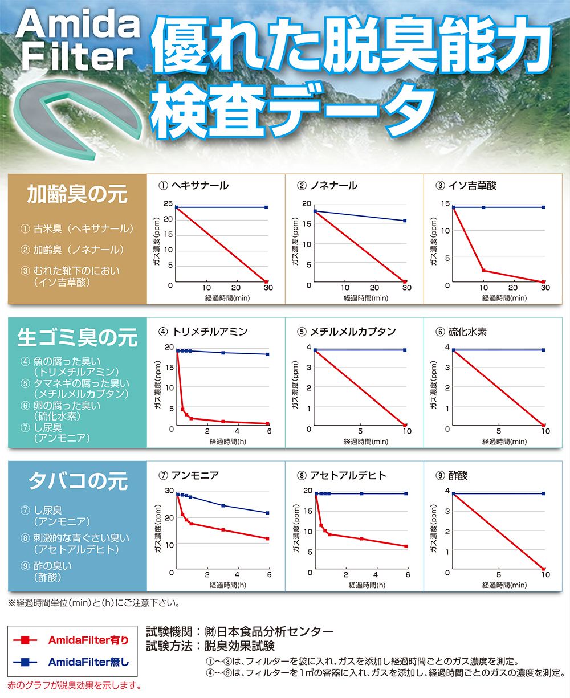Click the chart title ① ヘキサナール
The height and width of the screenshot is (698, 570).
click(x=193, y=186)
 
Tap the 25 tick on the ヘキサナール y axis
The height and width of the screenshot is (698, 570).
click(x=168, y=204)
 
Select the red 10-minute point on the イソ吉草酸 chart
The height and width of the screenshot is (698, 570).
click(x=483, y=270)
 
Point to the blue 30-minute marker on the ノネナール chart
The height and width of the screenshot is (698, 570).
click(x=405, y=221)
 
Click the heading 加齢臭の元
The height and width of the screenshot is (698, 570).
click(x=78, y=195)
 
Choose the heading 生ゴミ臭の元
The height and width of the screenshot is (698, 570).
click(x=78, y=337)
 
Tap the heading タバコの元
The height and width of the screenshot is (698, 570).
click(x=78, y=481)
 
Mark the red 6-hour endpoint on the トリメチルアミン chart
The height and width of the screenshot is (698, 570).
click(x=267, y=423)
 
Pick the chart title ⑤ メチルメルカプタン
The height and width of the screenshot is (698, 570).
click(x=346, y=332)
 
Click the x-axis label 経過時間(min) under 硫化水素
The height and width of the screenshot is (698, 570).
click(x=504, y=442)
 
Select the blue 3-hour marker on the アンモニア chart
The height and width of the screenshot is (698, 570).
click(x=223, y=505)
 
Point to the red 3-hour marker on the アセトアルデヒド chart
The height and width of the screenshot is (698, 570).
click(x=361, y=538)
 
